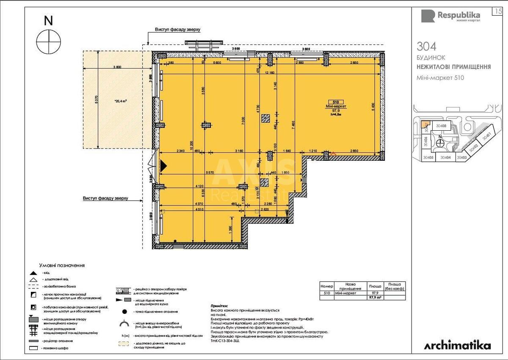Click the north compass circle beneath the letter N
[x=49, y=41]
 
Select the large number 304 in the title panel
[x=426, y=46]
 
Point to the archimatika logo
[x=458, y=345]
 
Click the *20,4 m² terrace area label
[x=121, y=102]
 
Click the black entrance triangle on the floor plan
[x=163, y=166]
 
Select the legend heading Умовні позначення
[x=62, y=265]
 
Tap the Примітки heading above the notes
[x=219, y=305]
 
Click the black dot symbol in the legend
[x=125, y=312]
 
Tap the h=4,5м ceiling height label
[x=337, y=114]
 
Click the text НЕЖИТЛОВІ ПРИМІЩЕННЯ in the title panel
[x=453, y=67]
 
